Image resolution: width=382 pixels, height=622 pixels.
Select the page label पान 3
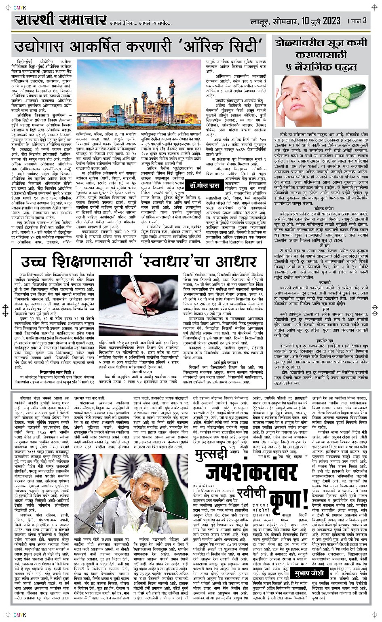tap(359, 21)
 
